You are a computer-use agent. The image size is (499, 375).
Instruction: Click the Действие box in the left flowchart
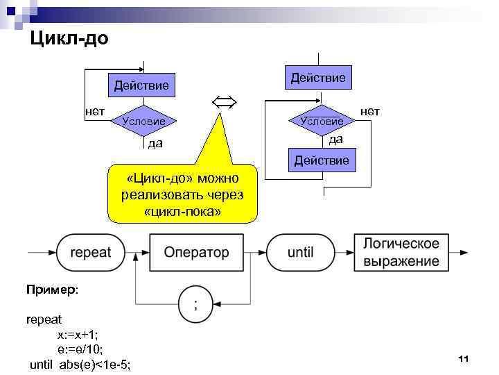(141, 86)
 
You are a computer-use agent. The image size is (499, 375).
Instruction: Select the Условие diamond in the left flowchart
(143, 121)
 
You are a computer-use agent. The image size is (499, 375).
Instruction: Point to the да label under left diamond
(155, 144)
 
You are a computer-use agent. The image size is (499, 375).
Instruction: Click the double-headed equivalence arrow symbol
(223, 103)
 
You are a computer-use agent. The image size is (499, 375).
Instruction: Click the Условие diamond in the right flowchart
(322, 121)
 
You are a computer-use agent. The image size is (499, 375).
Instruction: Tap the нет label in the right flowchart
(370, 111)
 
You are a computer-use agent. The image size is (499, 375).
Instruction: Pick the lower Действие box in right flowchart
(322, 161)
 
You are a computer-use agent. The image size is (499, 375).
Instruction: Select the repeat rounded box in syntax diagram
(91, 252)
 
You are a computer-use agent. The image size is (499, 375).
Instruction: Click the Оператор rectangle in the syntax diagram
(196, 252)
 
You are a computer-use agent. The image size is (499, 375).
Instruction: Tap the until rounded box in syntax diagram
(301, 252)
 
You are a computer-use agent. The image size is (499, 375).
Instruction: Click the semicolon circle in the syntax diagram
(195, 303)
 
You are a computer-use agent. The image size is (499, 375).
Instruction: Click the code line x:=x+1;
(78, 335)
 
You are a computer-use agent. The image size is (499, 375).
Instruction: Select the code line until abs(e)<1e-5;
(80, 364)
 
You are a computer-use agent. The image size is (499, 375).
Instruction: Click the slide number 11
(464, 358)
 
